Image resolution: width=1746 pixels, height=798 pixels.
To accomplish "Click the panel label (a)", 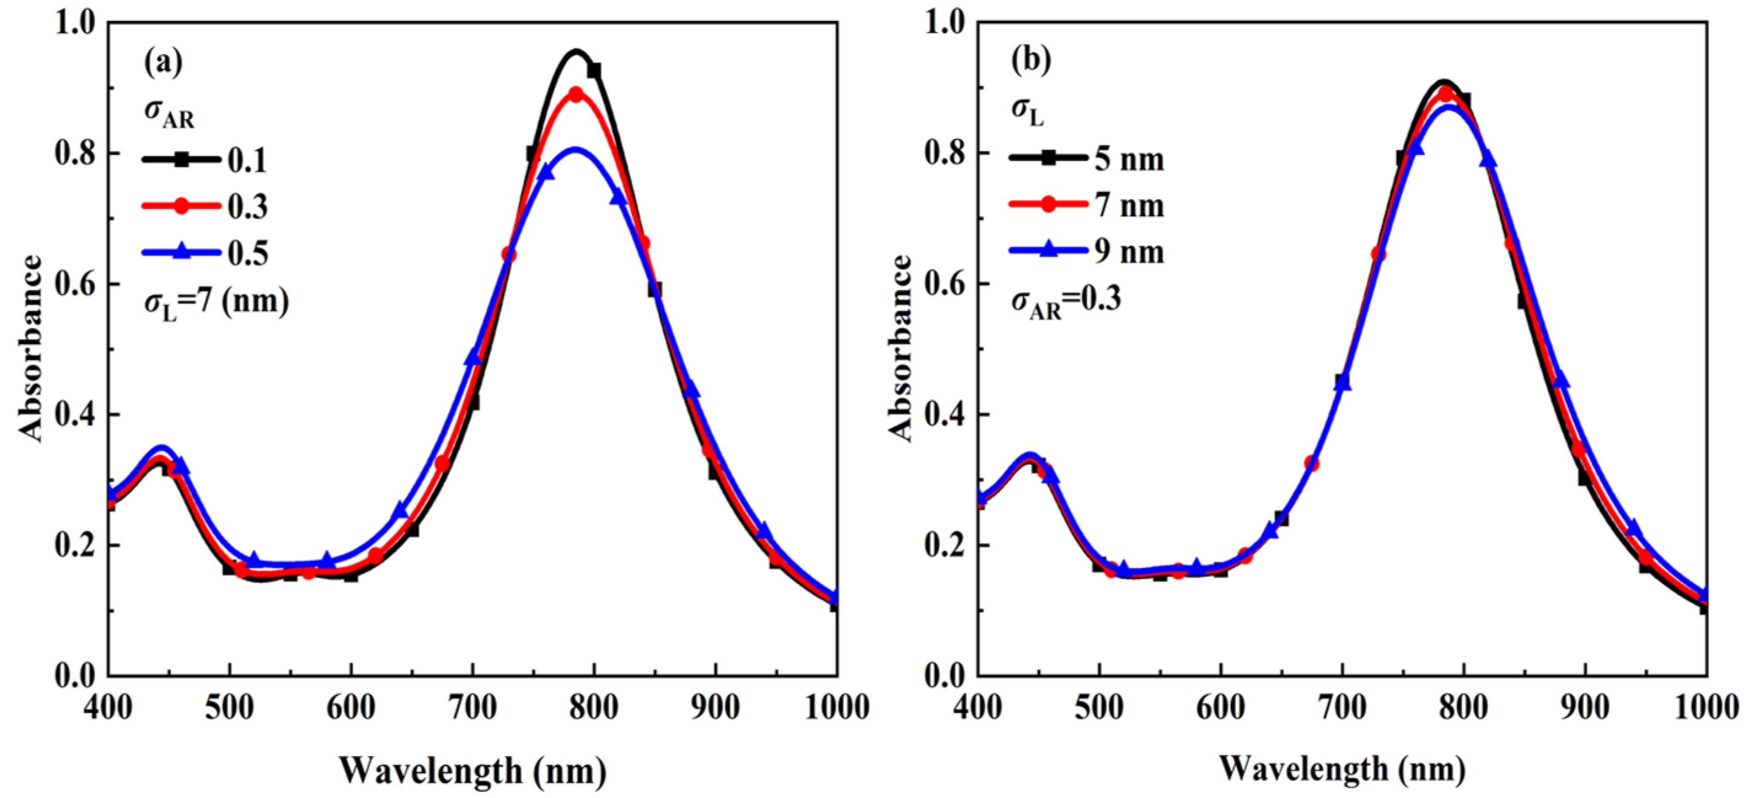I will pos(163,62).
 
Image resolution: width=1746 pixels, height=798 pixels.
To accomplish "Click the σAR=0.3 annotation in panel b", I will pos(1066,300).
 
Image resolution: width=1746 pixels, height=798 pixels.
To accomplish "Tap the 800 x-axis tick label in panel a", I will pos(594,707).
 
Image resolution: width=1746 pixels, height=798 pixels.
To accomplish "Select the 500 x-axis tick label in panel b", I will pos(1099,707).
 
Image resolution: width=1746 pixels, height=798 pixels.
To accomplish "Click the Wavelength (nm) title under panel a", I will pos(473,770).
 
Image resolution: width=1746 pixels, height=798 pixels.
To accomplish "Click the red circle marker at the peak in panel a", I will pos(576,94).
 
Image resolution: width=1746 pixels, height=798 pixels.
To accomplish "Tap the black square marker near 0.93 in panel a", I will pos(594,71).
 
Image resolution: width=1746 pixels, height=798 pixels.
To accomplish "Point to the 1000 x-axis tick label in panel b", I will pos(1706,707).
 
